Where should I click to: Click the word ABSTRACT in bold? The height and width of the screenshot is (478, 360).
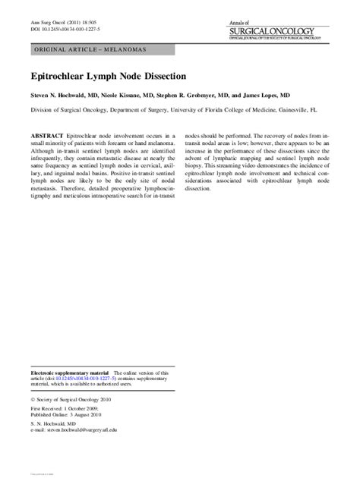[x=46, y=134]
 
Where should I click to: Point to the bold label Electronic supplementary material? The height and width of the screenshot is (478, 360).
[x=70, y=374]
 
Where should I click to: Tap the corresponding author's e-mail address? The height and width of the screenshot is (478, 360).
[x=93, y=431]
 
